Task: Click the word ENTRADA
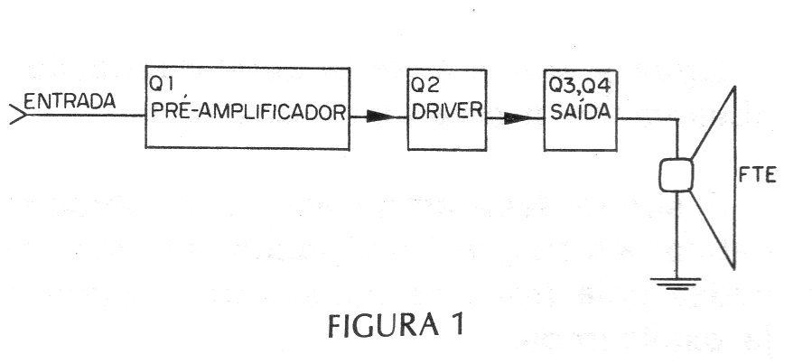pos(70,101)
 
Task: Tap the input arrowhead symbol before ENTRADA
pos(17,114)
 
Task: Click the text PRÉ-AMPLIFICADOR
pos(248,112)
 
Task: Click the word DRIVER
pos(447,110)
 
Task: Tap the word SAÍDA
pos(580,110)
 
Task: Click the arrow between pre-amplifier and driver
pos(378,116)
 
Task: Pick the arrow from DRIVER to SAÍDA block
pos(515,118)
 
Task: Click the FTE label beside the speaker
pos(758,176)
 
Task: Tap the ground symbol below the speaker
pos(677,284)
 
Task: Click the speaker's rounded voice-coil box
pos(677,175)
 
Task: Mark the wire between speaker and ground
pos(677,235)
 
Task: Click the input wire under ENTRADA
pos(86,115)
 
